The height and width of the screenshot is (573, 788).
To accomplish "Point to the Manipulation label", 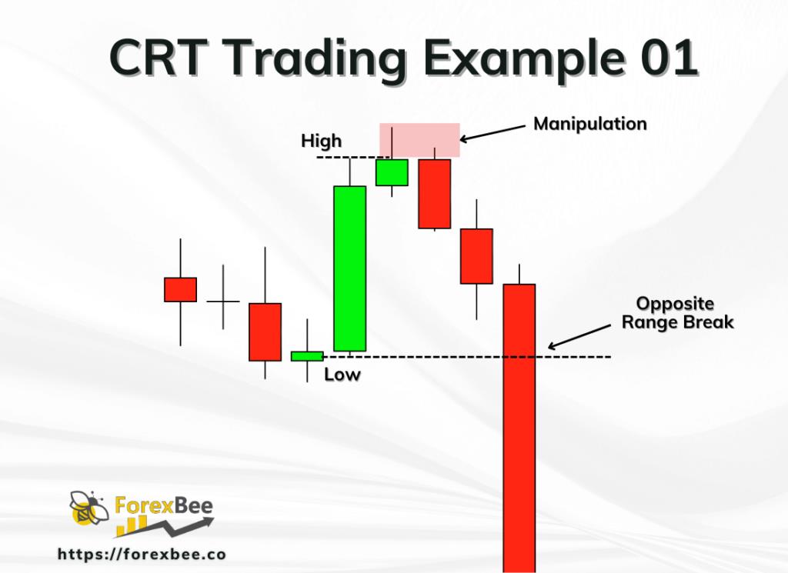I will tap(590, 123).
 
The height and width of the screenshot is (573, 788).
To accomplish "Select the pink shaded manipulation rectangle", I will tap(419, 139).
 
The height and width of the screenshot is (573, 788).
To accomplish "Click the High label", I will tap(322, 142).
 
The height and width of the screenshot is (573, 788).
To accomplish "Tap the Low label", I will tap(342, 375).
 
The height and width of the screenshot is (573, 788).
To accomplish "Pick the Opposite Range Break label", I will tap(677, 313).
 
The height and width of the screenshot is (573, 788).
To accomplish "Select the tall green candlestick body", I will tap(349, 268).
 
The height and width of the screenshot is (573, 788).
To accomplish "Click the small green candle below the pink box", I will tap(392, 172).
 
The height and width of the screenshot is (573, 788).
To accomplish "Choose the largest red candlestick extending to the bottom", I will tap(519, 427).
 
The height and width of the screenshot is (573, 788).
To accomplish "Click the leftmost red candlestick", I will tap(180, 289).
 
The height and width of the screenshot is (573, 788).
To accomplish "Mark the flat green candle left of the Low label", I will tap(306, 355).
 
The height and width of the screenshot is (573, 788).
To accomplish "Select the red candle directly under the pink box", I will tap(434, 194).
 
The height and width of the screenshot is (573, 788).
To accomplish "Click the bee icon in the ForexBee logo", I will tap(85, 508).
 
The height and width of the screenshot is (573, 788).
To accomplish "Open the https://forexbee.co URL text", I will tap(142, 554).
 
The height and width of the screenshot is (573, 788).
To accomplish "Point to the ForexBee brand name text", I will tap(164, 506).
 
